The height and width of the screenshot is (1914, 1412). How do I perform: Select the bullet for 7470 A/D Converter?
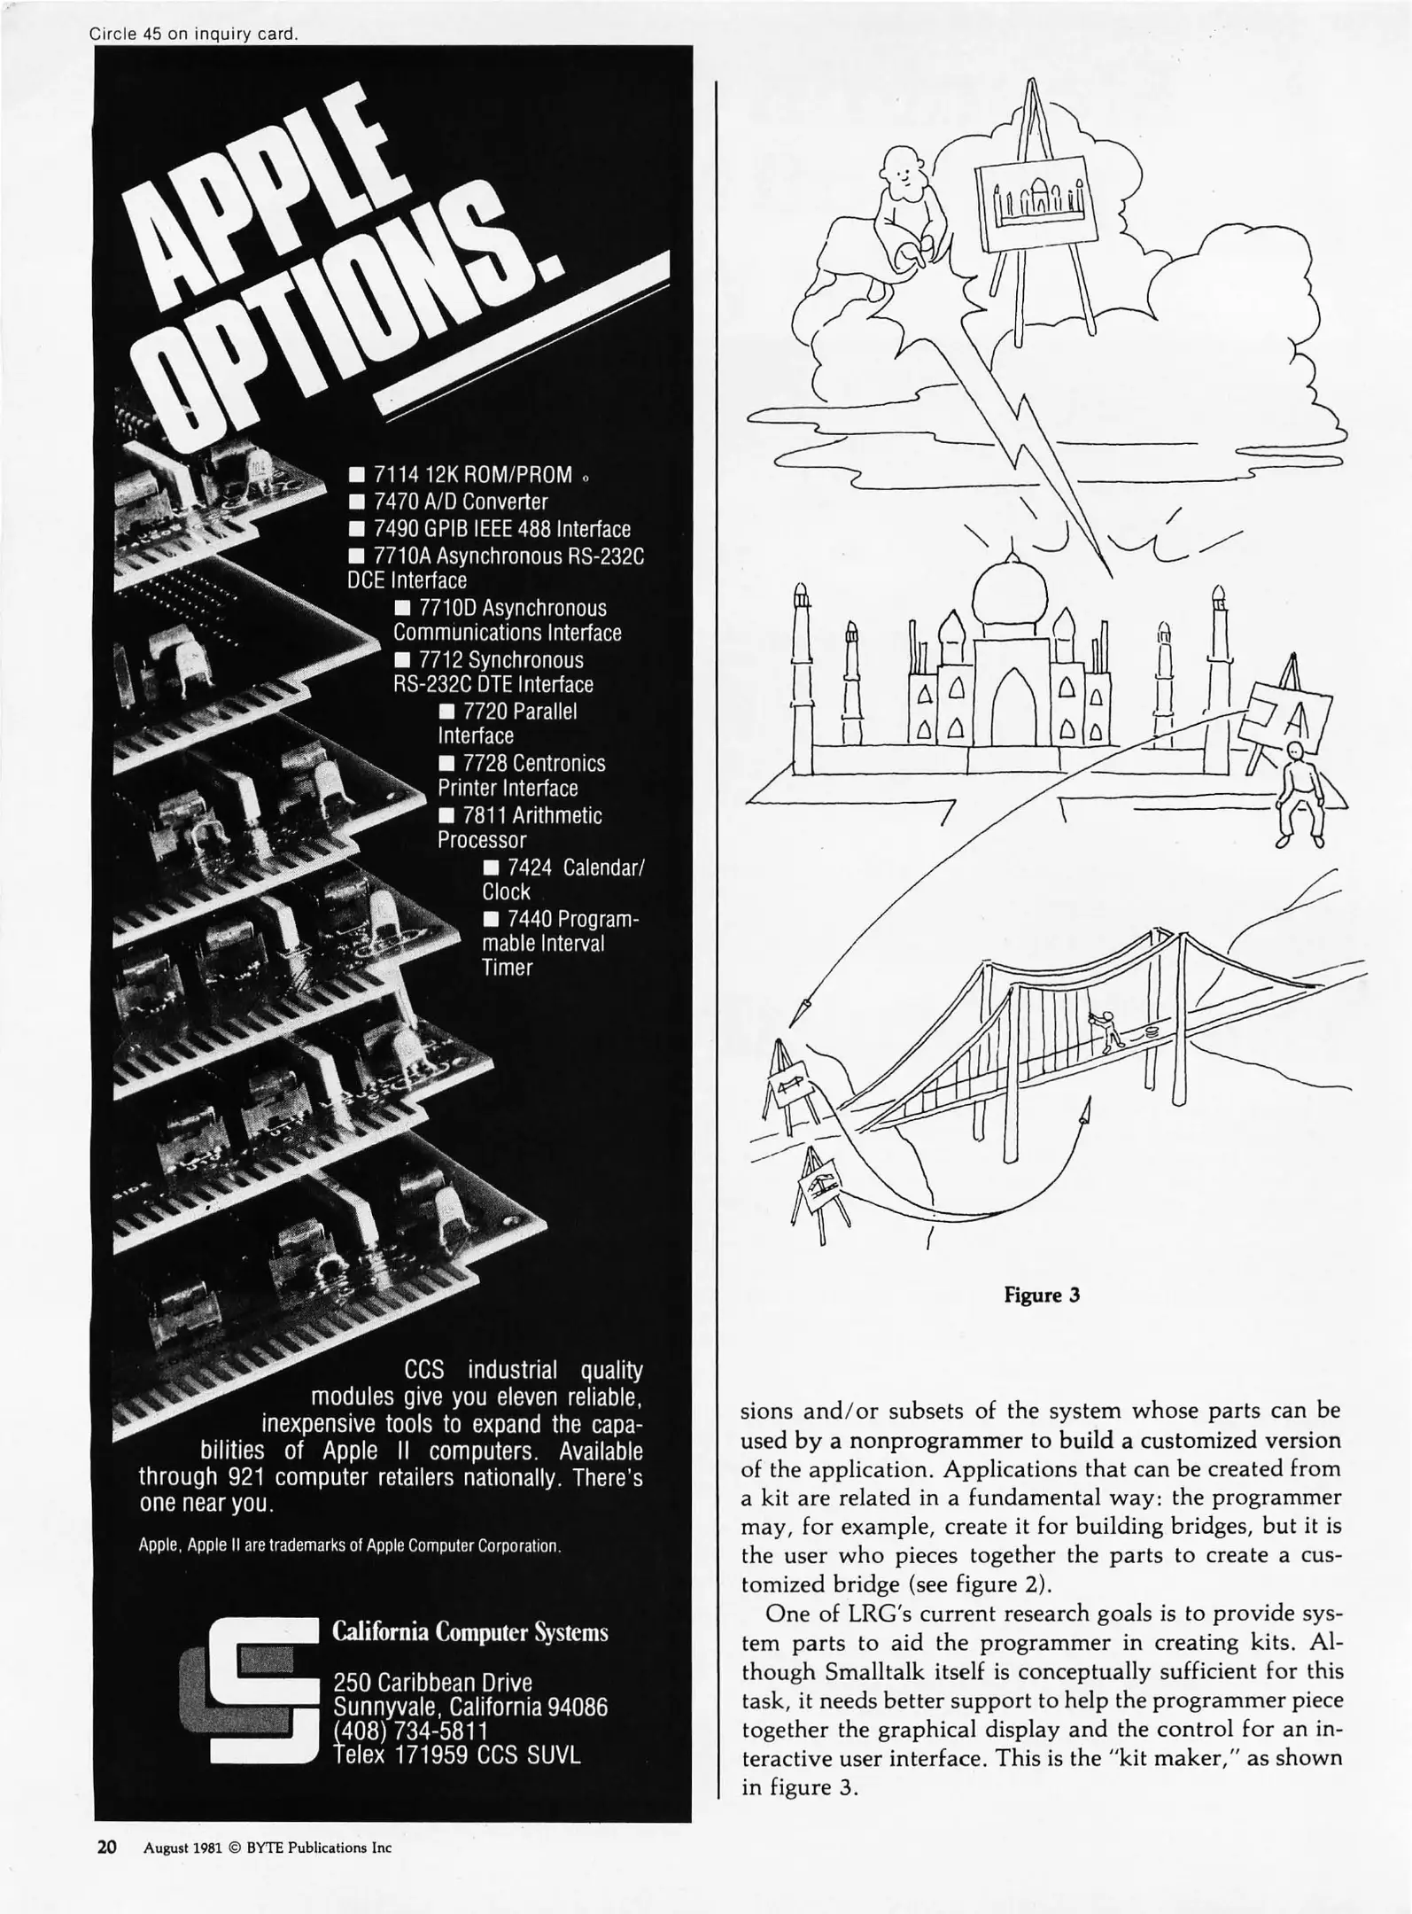357,502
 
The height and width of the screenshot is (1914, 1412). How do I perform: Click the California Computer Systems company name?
469,1632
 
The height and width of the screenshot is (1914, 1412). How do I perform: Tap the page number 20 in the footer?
107,1848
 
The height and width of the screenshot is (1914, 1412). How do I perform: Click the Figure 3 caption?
1042,1295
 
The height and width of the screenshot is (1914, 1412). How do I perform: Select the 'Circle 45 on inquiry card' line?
193,35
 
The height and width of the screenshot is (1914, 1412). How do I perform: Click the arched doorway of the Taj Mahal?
1014,699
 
